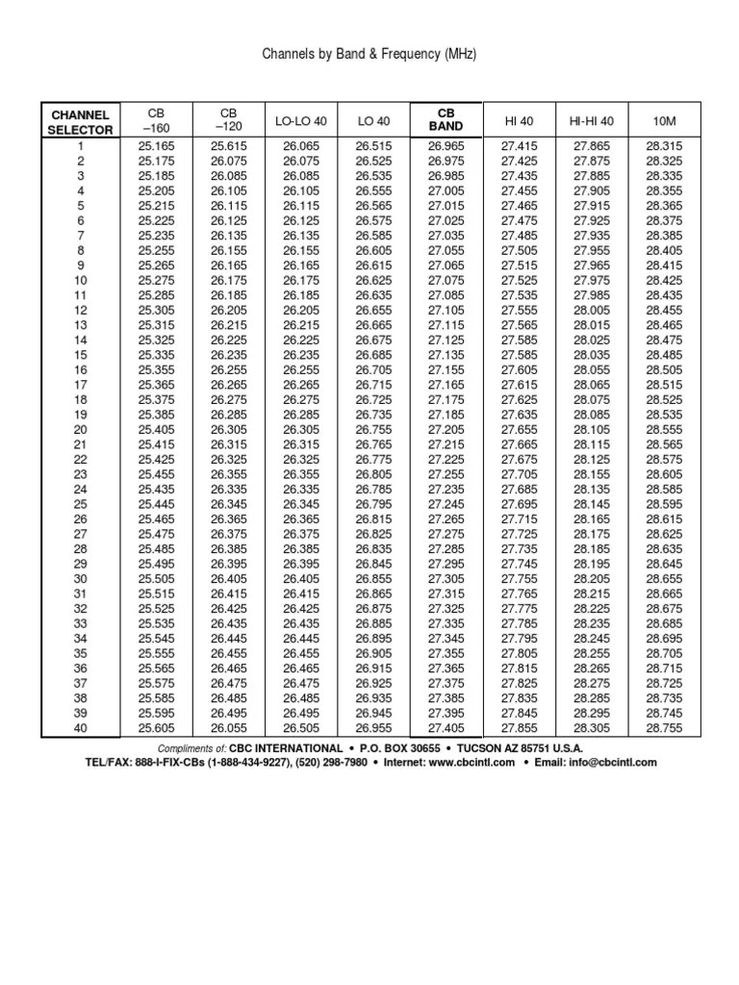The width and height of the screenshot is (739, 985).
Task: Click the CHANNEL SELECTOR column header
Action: (x=82, y=122)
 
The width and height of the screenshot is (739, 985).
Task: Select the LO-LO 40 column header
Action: (x=300, y=121)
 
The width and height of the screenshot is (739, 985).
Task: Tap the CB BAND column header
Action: (x=446, y=120)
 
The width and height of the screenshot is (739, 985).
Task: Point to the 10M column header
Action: (x=664, y=121)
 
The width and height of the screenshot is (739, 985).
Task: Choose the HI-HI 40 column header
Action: (x=592, y=121)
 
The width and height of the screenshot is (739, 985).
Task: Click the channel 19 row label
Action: (x=82, y=414)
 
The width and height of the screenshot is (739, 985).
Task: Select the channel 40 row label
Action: (x=82, y=727)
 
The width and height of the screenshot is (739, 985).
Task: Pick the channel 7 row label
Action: (x=82, y=235)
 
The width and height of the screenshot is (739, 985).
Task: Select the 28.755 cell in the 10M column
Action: (x=664, y=727)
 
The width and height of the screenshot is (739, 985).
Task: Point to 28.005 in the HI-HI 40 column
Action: (x=592, y=310)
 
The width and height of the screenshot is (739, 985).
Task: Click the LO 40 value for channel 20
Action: (x=374, y=429)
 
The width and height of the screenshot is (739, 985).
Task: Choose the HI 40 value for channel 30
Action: (x=520, y=578)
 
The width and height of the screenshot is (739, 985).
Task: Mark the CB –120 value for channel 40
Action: (x=229, y=727)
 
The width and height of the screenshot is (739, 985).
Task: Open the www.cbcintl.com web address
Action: (x=462, y=762)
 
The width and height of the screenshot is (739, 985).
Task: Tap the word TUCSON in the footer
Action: (x=485, y=747)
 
